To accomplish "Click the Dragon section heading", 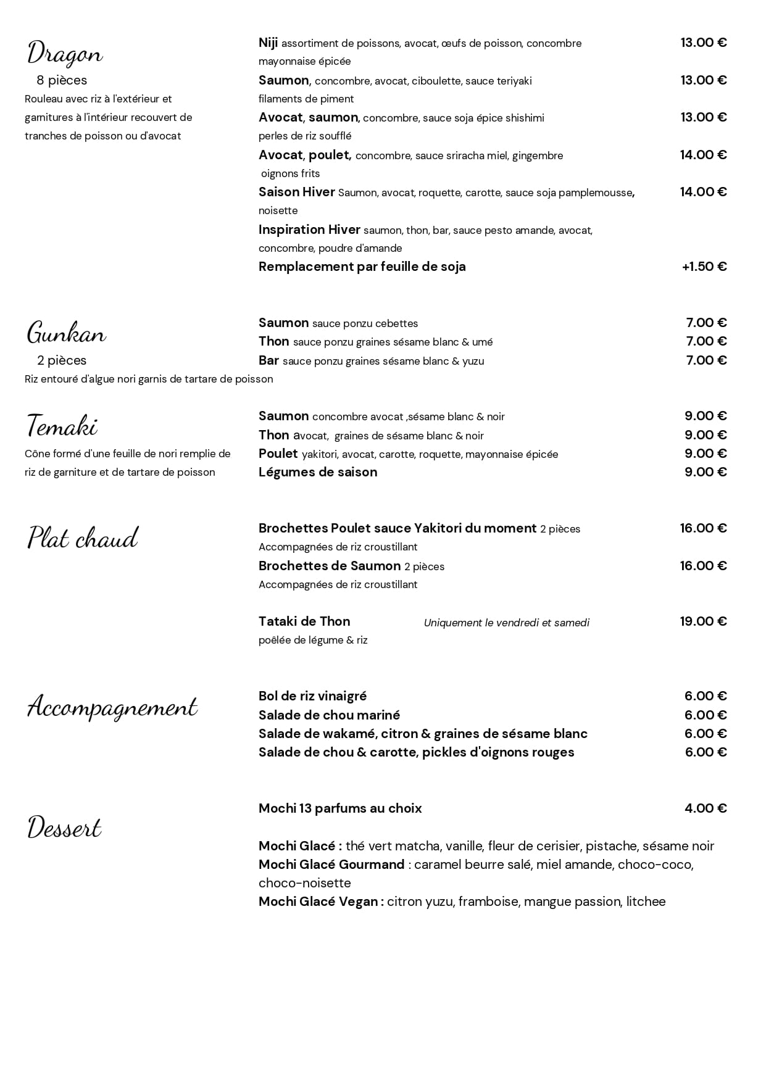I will click(x=65, y=54).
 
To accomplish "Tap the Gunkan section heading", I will click(x=66, y=334).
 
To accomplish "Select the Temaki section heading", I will click(x=62, y=426).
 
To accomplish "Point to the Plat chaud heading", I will click(x=83, y=538).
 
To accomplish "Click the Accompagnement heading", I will click(x=112, y=707).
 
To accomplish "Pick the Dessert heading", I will click(x=64, y=828).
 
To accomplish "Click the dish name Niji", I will click(x=268, y=43).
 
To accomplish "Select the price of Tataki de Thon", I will click(x=703, y=621).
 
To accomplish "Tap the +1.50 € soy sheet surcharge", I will click(x=704, y=267).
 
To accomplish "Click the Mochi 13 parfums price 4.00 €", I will click(x=706, y=808).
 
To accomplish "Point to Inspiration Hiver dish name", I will click(x=309, y=230).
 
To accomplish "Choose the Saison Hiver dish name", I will click(x=296, y=192).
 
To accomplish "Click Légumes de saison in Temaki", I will click(x=318, y=472).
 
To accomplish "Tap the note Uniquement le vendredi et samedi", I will click(x=506, y=623).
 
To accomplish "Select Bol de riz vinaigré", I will click(x=312, y=696).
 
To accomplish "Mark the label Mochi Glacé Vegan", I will click(x=320, y=902).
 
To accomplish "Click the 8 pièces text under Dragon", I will click(x=62, y=80).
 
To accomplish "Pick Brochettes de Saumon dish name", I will click(x=330, y=566).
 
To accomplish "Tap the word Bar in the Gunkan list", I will click(x=269, y=360).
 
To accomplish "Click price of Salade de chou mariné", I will click(x=706, y=715).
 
